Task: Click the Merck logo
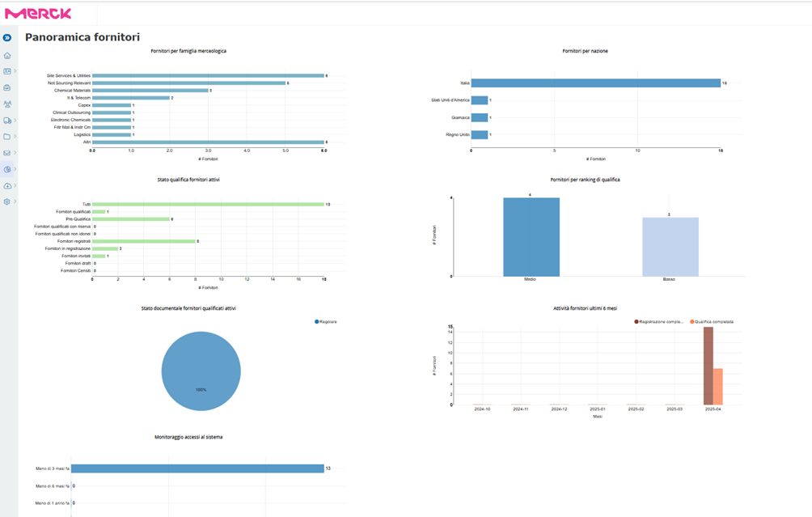point(38,13)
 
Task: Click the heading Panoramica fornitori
point(82,37)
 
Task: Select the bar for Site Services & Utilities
point(208,75)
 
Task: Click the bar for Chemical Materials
point(150,91)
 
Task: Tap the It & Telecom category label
point(78,98)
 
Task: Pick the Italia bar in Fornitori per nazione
point(595,83)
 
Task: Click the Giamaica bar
point(480,117)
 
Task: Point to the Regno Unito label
point(458,134)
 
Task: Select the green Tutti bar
point(208,204)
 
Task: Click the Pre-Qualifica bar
point(131,219)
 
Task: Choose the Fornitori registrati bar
point(143,241)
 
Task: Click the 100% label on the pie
point(201,390)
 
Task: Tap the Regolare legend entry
point(326,322)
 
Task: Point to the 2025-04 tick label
point(713,409)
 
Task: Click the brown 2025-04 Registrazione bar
point(708,366)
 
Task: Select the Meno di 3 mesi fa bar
point(198,468)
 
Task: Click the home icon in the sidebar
point(7,56)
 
